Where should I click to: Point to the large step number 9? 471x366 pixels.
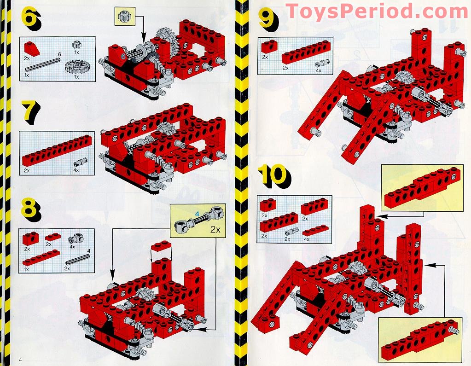click(267, 19)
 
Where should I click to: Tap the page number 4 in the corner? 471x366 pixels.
click(20, 359)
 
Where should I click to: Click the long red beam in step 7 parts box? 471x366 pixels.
click(58, 151)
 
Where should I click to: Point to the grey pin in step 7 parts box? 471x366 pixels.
click(77, 163)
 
